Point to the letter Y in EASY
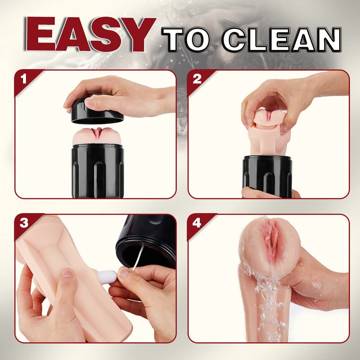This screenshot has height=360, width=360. pos(139,35)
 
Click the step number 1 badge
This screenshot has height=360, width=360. pos(23,79)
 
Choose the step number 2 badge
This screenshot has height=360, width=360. pos(197,79)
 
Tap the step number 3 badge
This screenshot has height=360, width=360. pos(23,223)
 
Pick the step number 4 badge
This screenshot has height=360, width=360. pos(197,223)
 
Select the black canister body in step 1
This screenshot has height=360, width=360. pos(98,171)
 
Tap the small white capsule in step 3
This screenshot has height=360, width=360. pos(107,277)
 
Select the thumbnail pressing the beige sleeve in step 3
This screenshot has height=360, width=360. pos(68,273)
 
